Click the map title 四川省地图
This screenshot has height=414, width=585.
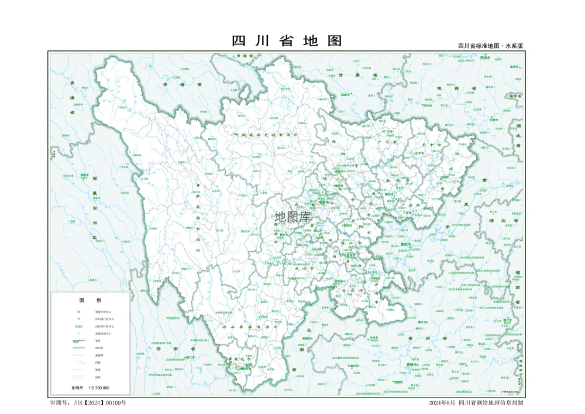(287, 41)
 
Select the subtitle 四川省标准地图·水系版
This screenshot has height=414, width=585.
(490, 46)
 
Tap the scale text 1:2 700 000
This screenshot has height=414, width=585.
(99, 388)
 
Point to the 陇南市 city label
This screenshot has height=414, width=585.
(345, 94)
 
